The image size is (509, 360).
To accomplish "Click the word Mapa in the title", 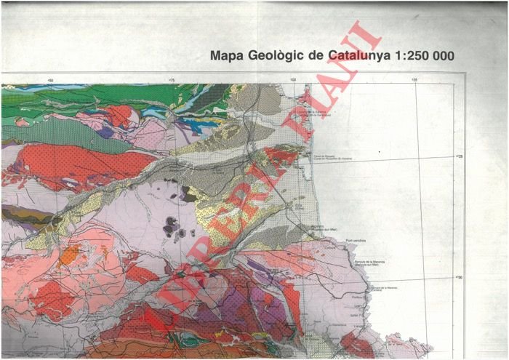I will pyautogui.click(x=225, y=55).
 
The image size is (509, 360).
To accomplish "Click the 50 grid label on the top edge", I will pyautogui.click(x=50, y=81).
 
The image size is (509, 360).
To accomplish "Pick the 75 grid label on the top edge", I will pyautogui.click(x=172, y=81).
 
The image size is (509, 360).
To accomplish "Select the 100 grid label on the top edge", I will pyautogui.click(x=293, y=81).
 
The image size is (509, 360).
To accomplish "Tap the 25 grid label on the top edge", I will pyautogui.click(x=414, y=81).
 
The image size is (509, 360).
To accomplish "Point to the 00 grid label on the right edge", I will pyautogui.click(x=458, y=276).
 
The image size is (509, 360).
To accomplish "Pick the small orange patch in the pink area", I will pyautogui.click(x=71, y=254).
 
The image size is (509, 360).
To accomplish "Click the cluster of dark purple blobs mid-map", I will pyautogui.click(x=175, y=227).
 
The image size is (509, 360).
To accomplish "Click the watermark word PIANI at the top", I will pyautogui.click(x=331, y=73).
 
